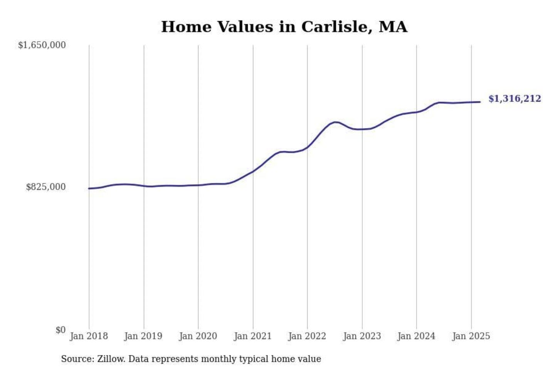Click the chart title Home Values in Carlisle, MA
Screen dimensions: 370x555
[284, 27]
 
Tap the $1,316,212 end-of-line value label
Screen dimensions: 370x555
[515, 99]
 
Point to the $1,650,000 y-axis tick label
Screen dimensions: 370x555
[42, 45]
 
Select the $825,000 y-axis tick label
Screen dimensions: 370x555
[45, 187]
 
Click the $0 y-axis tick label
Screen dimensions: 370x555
[60, 330]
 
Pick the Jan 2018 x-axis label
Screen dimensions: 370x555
[89, 336]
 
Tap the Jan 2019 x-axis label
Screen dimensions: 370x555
[143, 336]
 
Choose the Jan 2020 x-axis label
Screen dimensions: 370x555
[198, 336]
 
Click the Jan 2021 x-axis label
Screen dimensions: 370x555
[253, 336]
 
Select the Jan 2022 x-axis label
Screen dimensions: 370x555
[307, 336]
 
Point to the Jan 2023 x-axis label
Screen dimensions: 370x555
[362, 336]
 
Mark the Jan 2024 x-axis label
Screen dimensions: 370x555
[416, 336]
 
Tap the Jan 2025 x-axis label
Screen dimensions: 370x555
[471, 336]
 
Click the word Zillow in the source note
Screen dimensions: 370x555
[111, 359]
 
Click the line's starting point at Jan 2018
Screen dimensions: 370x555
[89, 188]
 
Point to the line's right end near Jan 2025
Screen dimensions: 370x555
[480, 102]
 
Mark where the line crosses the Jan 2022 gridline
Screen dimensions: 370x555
[308, 147]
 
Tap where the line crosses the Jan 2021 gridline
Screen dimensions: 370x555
[253, 171]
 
